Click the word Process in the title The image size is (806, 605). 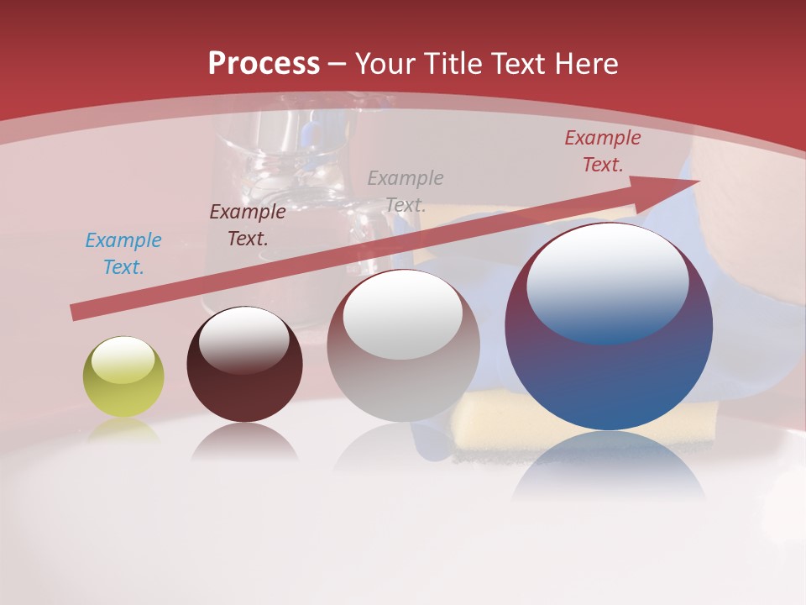click(x=264, y=64)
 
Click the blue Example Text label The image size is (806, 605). click(x=123, y=254)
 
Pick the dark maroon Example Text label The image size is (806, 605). click(x=247, y=225)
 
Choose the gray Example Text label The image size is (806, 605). click(x=406, y=191)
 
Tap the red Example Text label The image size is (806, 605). click(x=602, y=151)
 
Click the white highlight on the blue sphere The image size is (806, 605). click(x=607, y=281)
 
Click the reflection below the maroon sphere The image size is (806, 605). click(x=244, y=442)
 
